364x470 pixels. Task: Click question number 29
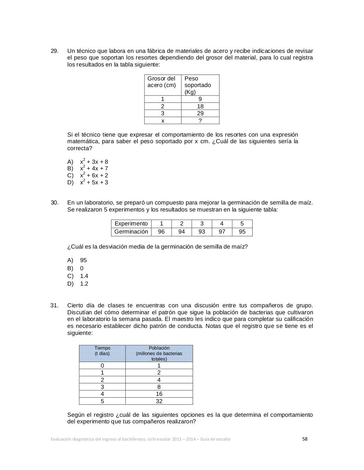point(54,51)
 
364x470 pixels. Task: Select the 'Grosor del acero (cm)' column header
point(163,82)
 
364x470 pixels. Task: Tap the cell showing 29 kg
point(200,113)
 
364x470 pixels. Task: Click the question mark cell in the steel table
point(200,121)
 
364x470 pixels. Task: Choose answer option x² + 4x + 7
point(94,169)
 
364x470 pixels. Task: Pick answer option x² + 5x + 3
point(94,182)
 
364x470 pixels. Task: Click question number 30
point(54,203)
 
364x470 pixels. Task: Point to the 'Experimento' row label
point(131,224)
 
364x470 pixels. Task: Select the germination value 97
point(222,232)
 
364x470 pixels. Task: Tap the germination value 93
point(201,232)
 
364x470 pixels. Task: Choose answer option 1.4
point(84,276)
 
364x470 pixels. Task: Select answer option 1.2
point(84,284)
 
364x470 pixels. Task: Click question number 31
point(54,305)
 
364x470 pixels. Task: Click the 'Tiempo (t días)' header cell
point(102,351)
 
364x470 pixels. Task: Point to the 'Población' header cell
point(159,353)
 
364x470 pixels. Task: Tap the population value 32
point(159,401)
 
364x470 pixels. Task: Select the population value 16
point(159,394)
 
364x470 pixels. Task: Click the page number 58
point(304,439)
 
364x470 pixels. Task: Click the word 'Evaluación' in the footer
point(61,439)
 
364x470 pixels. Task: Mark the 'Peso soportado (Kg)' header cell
point(200,85)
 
